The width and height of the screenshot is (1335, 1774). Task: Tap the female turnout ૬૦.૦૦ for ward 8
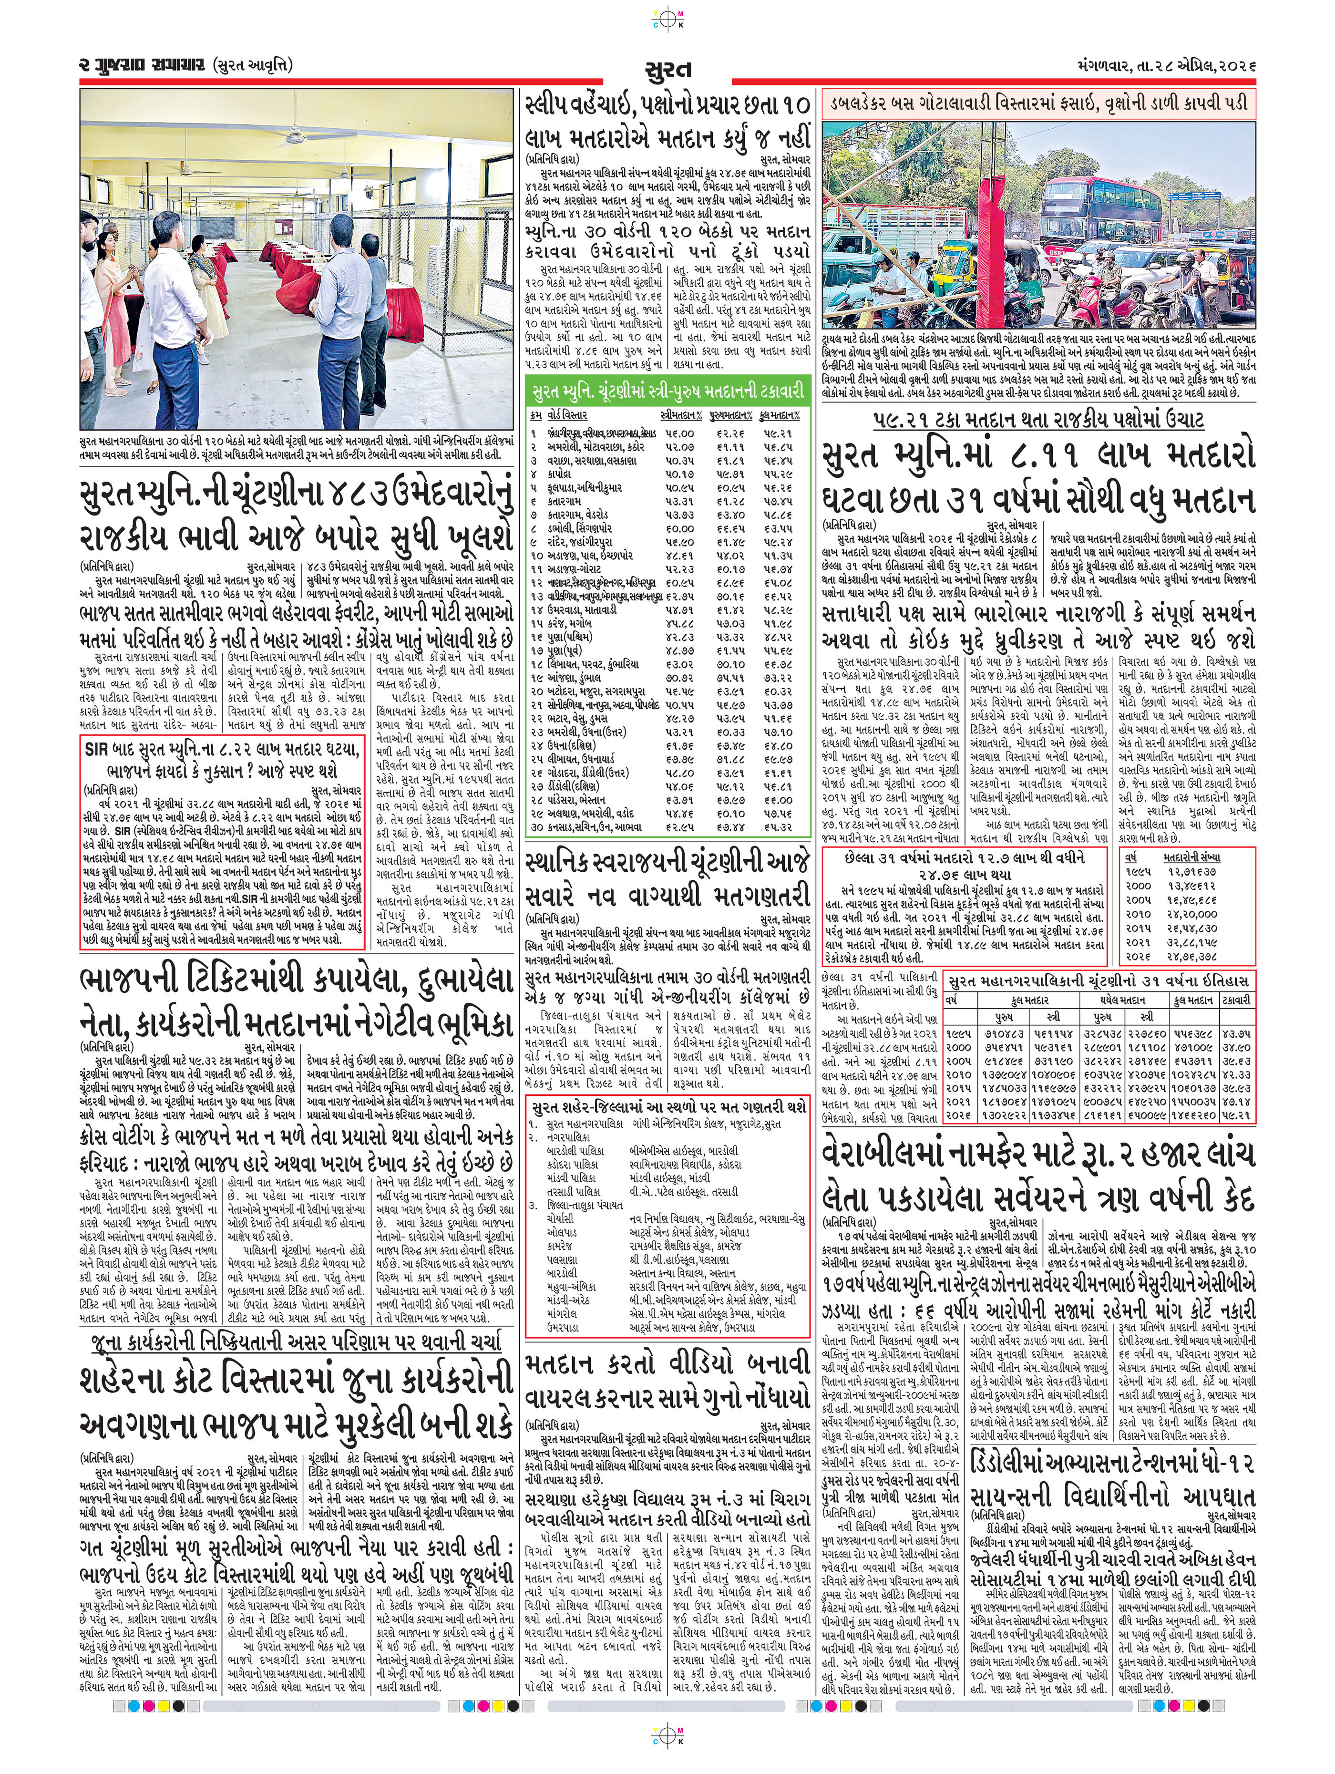point(678,529)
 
